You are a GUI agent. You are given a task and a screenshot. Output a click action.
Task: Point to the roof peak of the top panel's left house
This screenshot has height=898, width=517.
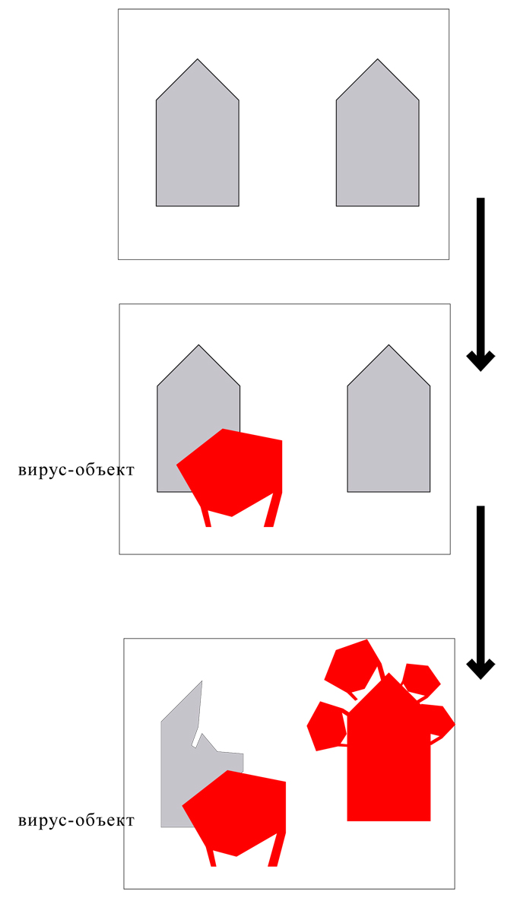(198, 61)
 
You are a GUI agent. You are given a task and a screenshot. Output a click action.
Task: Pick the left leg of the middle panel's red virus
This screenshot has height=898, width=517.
(205, 518)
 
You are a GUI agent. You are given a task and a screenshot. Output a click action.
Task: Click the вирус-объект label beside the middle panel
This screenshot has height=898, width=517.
(76, 470)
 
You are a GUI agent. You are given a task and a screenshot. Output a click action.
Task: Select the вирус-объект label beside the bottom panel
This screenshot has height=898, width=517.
(76, 820)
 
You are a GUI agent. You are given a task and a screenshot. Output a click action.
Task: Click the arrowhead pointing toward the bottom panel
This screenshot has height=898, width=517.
(480, 668)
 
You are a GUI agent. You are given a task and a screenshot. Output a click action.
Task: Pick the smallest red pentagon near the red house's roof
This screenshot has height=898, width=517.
(420, 679)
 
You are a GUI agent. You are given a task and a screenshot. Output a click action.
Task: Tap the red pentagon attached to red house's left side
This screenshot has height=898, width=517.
(326, 726)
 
